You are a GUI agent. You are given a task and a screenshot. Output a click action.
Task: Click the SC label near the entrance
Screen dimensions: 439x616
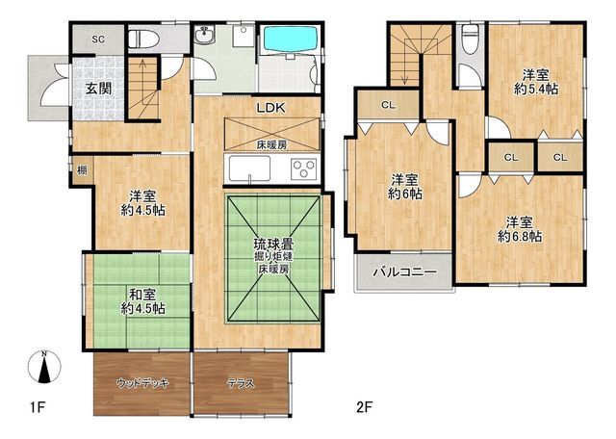point(98,39)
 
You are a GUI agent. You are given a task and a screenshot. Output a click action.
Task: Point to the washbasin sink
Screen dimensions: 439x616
point(205,39)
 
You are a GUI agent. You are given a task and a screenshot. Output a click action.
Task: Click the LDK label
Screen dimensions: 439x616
point(270,108)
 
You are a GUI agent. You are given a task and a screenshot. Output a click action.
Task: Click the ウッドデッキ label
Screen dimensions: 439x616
point(142,383)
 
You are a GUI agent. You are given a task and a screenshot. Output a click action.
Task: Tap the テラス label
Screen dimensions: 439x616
point(241,383)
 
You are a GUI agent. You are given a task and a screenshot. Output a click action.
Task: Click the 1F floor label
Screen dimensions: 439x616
point(38,406)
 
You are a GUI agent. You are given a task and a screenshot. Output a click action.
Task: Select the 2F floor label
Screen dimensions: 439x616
point(363,406)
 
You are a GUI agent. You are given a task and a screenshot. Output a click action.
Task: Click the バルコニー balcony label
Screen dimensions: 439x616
point(405,271)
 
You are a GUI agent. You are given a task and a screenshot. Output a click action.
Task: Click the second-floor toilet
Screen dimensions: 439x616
point(470,40)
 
